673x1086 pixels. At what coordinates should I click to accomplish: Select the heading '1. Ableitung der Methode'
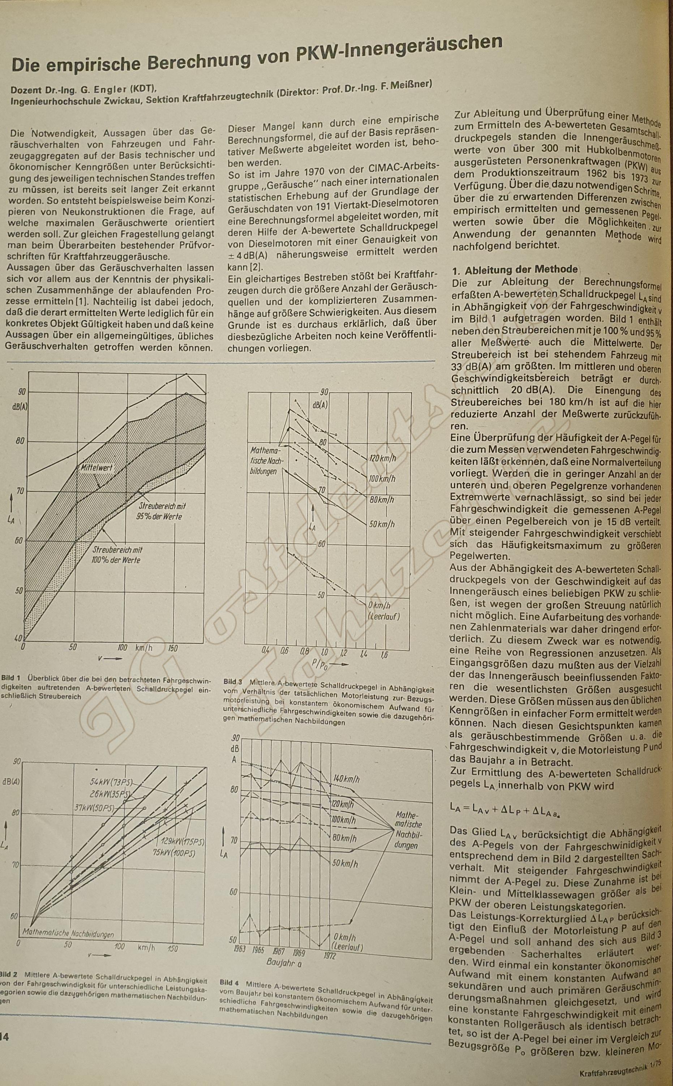point(515,270)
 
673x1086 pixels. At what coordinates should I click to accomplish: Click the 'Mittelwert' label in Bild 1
point(96,468)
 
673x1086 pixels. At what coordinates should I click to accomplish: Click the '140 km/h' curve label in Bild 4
point(346,779)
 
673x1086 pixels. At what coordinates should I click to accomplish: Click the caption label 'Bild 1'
point(11,679)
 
